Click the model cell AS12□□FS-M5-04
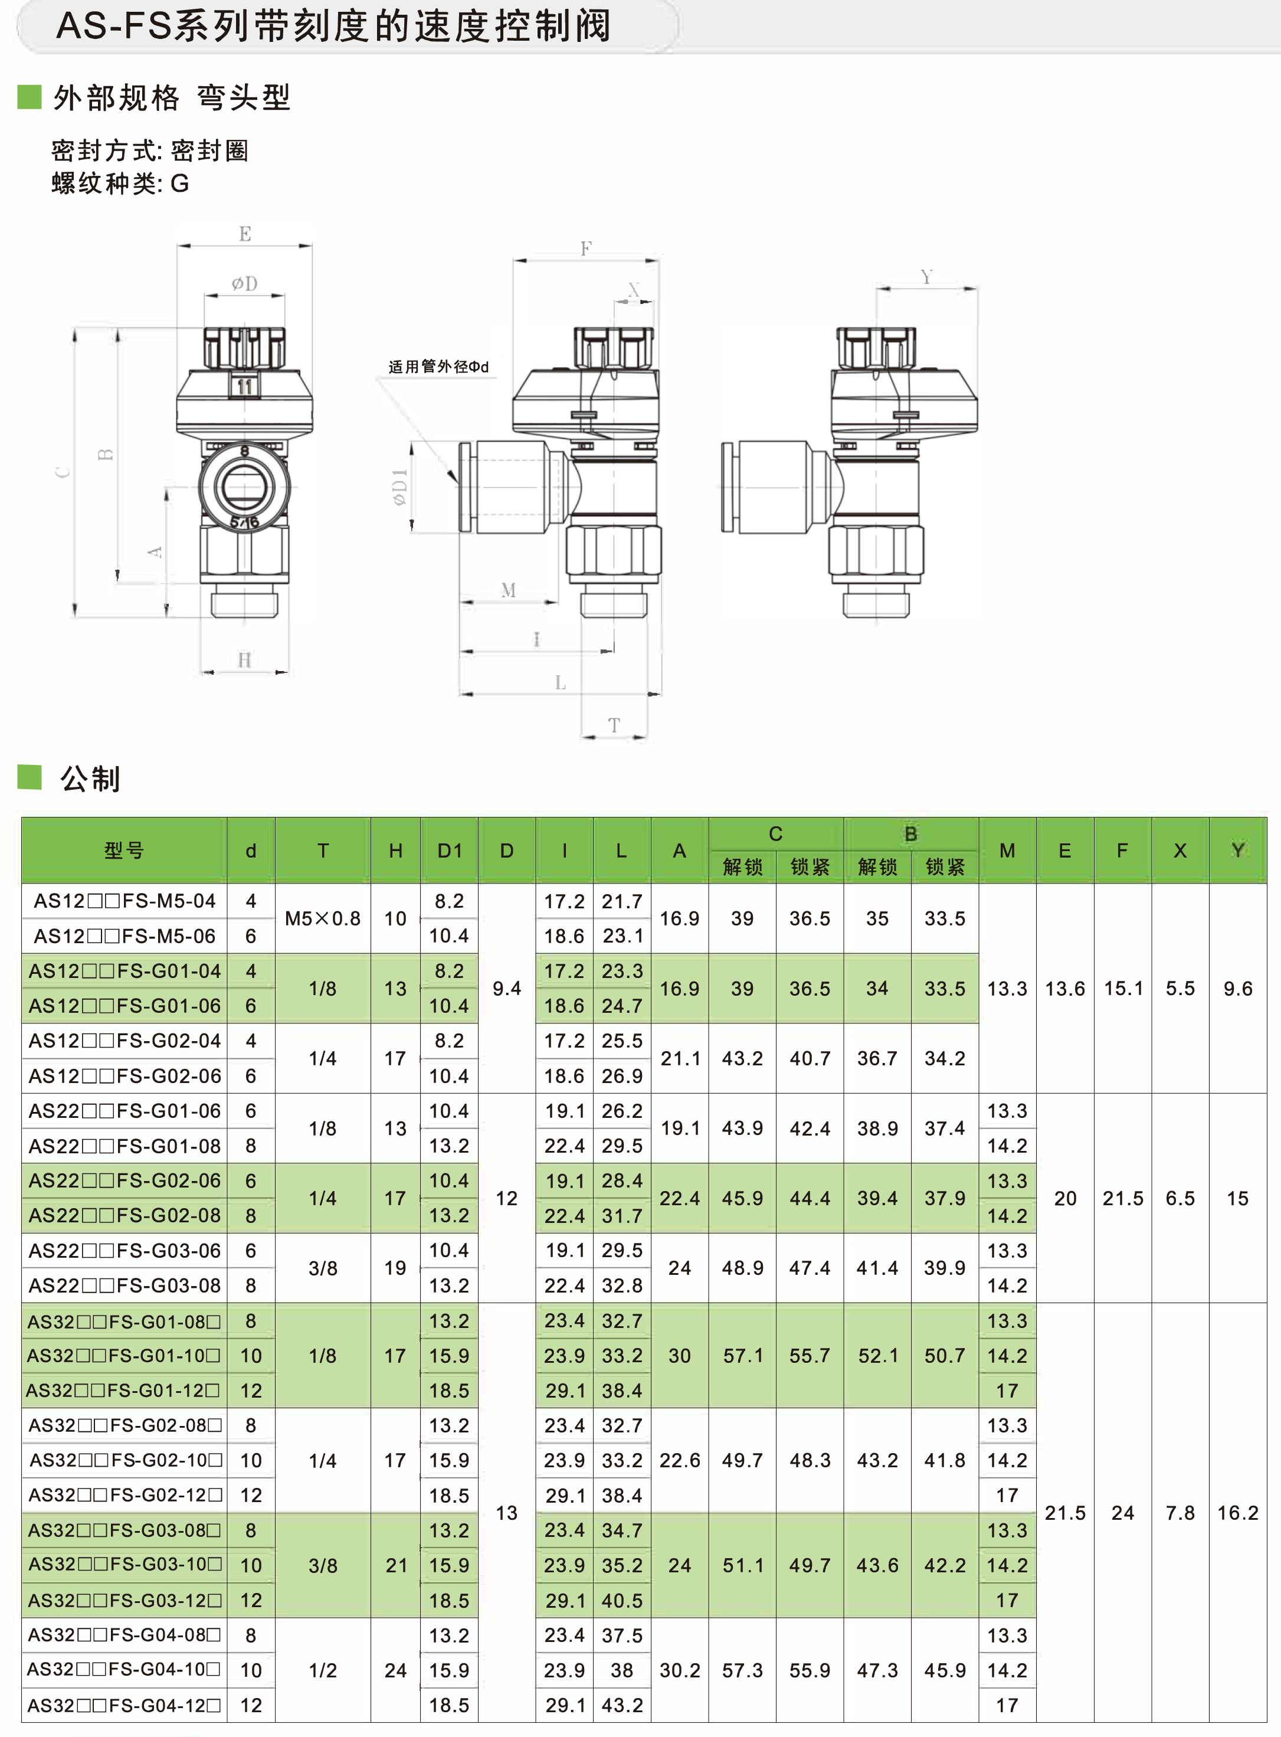pos(124,901)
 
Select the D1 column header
pos(449,850)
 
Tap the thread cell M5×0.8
pos(323,919)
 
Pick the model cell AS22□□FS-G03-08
pos(124,1285)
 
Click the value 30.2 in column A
pos(679,1670)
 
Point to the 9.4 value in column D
pos(506,989)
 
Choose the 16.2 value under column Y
pos(1237,1513)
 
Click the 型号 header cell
pos(124,850)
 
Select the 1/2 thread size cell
pos(323,1670)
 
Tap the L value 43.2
pos(622,1705)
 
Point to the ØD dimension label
pos(244,284)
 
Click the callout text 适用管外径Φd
pos(438,367)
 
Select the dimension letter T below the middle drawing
pos(614,726)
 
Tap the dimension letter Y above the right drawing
pos(926,277)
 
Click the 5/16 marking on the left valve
pos(244,523)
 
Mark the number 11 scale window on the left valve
pos(244,386)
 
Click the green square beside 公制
pos(30,776)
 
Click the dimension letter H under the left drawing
pos(244,660)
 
